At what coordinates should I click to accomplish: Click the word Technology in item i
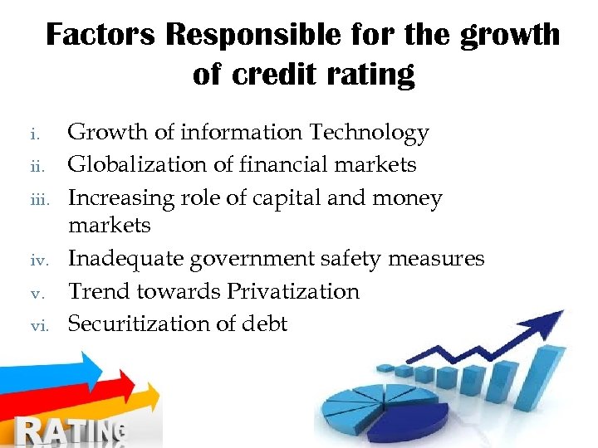[369, 133]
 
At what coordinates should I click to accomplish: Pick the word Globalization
[138, 165]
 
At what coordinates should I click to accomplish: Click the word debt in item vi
[263, 324]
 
